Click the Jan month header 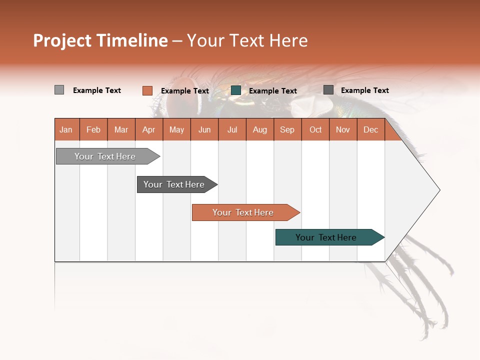66,129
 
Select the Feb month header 93,129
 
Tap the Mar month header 121,129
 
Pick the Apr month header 149,129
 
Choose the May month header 176,129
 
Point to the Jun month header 204,129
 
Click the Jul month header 232,129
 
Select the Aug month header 260,129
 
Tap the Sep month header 287,129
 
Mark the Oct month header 315,129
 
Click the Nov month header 343,129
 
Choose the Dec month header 370,129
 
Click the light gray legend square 59,90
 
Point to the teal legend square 236,90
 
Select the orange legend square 147,90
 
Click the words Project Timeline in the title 100,40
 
